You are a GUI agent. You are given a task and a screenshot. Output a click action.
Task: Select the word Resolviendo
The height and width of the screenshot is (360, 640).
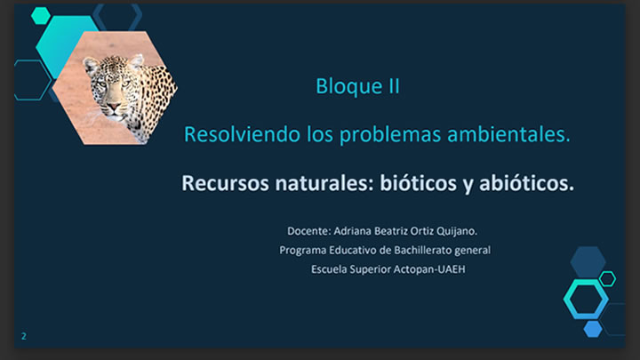click(242, 134)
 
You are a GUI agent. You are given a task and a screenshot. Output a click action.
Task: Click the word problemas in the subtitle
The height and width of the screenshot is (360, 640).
click(390, 135)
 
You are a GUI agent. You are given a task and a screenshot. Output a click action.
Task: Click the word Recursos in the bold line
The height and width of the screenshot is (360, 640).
click(225, 183)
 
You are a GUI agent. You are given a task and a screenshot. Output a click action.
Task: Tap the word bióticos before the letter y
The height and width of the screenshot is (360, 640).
click(419, 183)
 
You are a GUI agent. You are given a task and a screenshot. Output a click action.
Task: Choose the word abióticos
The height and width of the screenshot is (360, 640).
click(526, 183)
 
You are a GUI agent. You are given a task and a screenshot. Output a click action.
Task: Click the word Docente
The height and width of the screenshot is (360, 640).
click(309, 231)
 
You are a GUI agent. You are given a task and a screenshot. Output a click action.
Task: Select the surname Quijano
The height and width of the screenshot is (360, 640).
click(457, 231)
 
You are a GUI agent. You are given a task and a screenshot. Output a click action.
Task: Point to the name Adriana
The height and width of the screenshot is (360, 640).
click(352, 231)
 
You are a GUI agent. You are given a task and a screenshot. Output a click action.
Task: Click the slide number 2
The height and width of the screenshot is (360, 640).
click(24, 336)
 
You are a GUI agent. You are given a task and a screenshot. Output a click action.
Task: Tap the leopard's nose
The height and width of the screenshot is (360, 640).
click(113, 107)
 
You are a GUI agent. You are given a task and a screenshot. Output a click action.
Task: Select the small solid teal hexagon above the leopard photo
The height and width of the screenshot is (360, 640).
click(41, 16)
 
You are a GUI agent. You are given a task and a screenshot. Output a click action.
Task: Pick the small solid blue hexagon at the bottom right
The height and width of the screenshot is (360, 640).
click(593, 329)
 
